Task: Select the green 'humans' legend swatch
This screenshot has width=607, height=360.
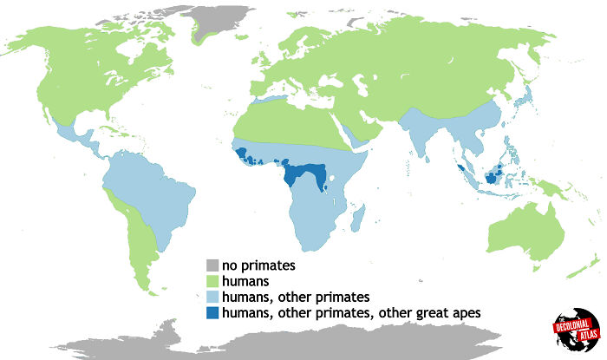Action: click(x=212, y=281)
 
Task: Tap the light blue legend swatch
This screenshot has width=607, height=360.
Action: click(x=212, y=297)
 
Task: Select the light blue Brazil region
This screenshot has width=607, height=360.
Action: click(x=152, y=195)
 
